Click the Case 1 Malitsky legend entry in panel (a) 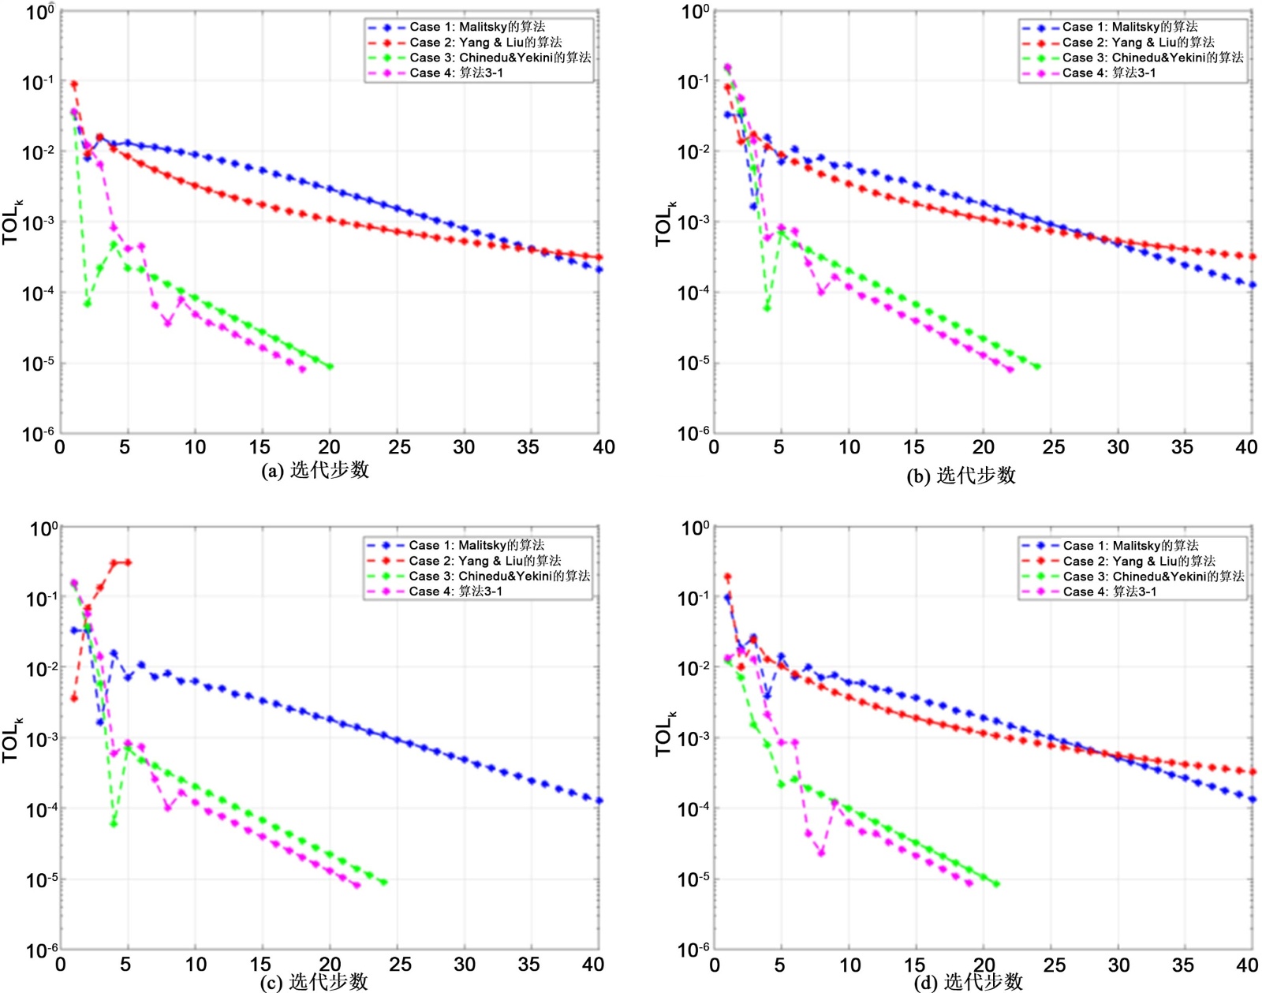tap(476, 27)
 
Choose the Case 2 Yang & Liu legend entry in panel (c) tap(484, 561)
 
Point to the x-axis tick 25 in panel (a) tap(400, 447)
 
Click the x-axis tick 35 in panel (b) tap(1182, 447)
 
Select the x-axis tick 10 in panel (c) tap(196, 964)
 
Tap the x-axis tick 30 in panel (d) tap(1118, 965)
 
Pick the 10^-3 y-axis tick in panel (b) tap(693, 222)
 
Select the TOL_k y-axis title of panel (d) tap(665, 734)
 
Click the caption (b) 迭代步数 tap(961, 476)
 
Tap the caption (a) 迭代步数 tap(315, 470)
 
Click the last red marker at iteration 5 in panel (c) tap(128, 562)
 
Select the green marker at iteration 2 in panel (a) tap(87, 304)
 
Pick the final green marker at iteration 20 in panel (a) tap(330, 367)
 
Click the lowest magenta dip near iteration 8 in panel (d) tap(821, 853)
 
